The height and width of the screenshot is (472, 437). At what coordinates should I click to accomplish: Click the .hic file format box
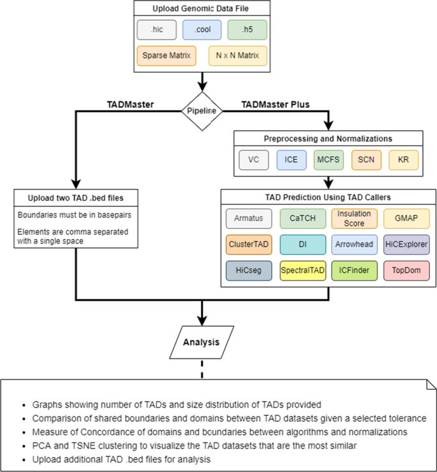pyautogui.click(x=155, y=29)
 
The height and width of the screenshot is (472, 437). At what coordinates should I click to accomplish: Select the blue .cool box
pyautogui.click(x=202, y=29)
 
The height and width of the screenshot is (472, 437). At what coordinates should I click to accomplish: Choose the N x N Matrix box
pyautogui.click(x=237, y=56)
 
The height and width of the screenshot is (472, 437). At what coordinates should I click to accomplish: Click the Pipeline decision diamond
pyautogui.click(x=202, y=110)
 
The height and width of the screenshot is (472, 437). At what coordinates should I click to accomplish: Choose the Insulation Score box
pyautogui.click(x=354, y=219)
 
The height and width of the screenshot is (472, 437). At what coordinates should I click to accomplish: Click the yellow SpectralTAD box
pyautogui.click(x=302, y=270)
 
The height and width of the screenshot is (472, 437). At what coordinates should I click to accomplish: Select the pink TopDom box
pyautogui.click(x=407, y=270)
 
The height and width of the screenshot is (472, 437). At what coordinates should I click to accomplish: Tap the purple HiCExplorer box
pyautogui.click(x=407, y=245)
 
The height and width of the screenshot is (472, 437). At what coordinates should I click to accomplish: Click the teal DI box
pyautogui.click(x=302, y=245)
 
